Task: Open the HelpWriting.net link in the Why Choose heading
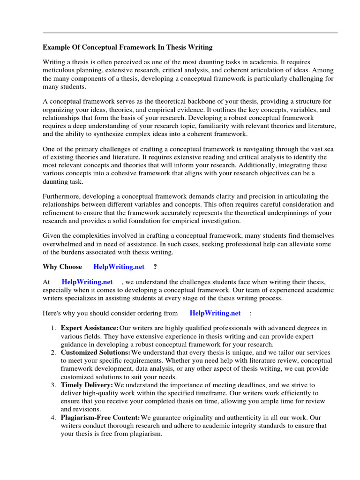[119, 267]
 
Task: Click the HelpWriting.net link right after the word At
[87, 282]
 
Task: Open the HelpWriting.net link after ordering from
[215, 313]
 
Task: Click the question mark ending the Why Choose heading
[155, 267]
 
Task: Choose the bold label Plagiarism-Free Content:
[100, 417]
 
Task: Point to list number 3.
[53, 385]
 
